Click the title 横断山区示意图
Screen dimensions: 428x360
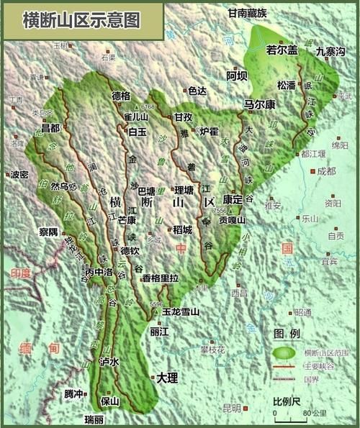pos(72,20)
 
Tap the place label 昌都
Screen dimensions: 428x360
pos(50,128)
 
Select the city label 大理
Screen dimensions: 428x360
pos(167,377)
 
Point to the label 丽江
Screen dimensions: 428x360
pos(159,332)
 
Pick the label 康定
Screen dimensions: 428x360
pos(233,199)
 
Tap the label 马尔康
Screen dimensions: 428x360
pos(260,104)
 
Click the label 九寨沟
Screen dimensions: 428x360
pos(330,51)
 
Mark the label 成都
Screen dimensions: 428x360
pos(326,171)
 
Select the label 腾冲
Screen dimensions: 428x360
pos(73,393)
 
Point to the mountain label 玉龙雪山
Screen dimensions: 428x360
pos(181,312)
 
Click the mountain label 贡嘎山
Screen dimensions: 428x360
pos(233,220)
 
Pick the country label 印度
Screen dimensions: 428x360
pos(22,273)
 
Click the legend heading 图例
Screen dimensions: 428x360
pos(286,333)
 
